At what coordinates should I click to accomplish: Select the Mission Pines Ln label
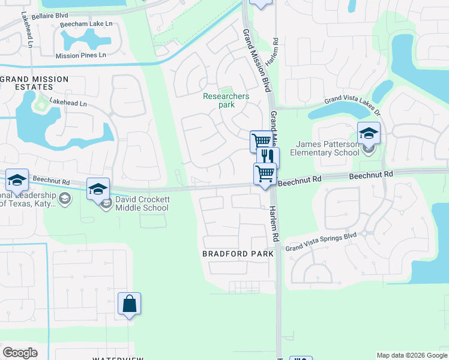[80, 55]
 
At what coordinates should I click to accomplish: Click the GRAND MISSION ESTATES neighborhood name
[34, 83]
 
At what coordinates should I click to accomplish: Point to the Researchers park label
[226, 100]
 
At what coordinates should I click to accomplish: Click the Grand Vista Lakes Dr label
[352, 103]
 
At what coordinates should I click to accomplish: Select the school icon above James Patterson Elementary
[369, 133]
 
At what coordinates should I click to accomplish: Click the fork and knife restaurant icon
[268, 158]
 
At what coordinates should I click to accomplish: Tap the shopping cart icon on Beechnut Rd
[265, 174]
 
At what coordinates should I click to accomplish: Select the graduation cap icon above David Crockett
[98, 189]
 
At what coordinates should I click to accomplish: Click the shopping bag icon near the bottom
[130, 304]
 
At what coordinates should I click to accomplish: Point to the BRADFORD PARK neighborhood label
[238, 254]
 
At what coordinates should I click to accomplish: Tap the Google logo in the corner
[20, 353]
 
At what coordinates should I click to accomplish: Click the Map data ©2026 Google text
[411, 355]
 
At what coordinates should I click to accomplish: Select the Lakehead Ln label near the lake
[68, 103]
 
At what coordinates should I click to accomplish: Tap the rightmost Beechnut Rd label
[370, 175]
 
